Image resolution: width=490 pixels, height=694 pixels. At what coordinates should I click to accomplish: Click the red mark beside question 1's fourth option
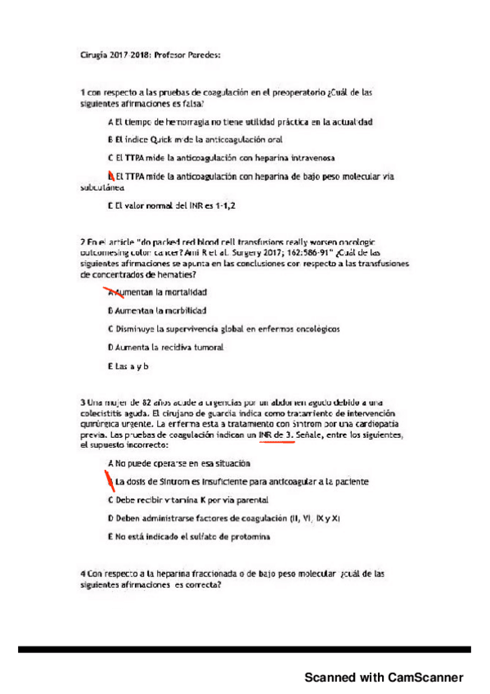[x=110, y=175]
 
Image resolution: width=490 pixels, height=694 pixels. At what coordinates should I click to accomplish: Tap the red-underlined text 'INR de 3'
[x=275, y=436]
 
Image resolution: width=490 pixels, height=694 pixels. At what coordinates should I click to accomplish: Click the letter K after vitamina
[x=203, y=499]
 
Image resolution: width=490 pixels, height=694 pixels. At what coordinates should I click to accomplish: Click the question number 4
[x=83, y=574]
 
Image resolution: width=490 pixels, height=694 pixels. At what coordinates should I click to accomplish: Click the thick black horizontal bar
[x=245, y=649]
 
